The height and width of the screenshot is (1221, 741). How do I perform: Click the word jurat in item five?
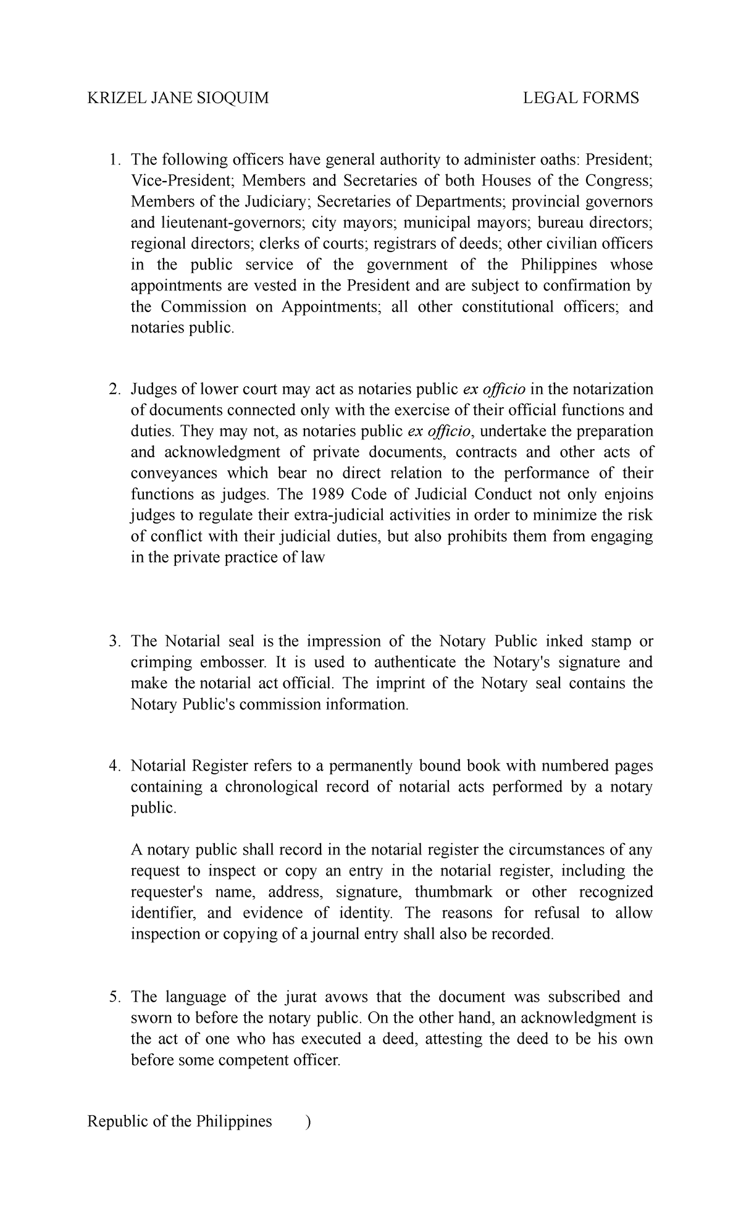click(x=301, y=997)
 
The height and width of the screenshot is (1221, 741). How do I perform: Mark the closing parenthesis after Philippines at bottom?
click(x=308, y=1122)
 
